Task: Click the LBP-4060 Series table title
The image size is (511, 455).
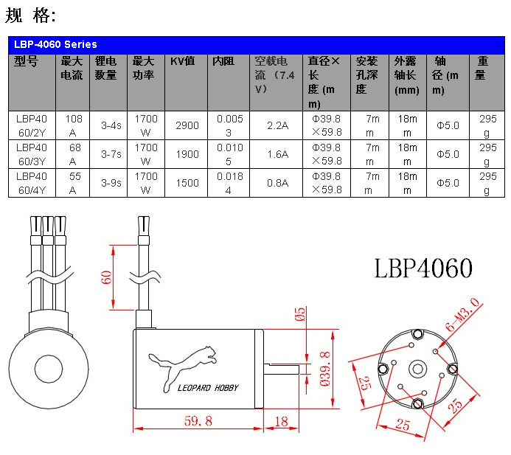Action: coord(55,44)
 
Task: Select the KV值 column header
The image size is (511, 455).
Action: coord(182,61)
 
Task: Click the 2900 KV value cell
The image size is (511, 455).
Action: coord(187,125)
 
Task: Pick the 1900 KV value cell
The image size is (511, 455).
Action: coord(187,154)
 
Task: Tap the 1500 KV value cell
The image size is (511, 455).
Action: coord(187,183)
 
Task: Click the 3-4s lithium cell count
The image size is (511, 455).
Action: coord(110,125)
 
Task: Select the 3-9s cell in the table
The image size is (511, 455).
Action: coord(110,183)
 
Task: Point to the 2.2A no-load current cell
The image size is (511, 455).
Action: coord(277,125)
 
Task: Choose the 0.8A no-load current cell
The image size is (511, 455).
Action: coord(277,183)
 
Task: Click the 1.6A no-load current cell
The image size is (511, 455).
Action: coord(277,154)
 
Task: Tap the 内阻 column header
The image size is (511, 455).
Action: coord(223,61)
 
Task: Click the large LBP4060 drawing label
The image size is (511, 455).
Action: coord(423,268)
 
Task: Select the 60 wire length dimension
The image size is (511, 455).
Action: coord(107,278)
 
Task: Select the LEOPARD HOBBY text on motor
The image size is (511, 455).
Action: coord(209,387)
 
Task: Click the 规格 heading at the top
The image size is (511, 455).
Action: coord(30,15)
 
